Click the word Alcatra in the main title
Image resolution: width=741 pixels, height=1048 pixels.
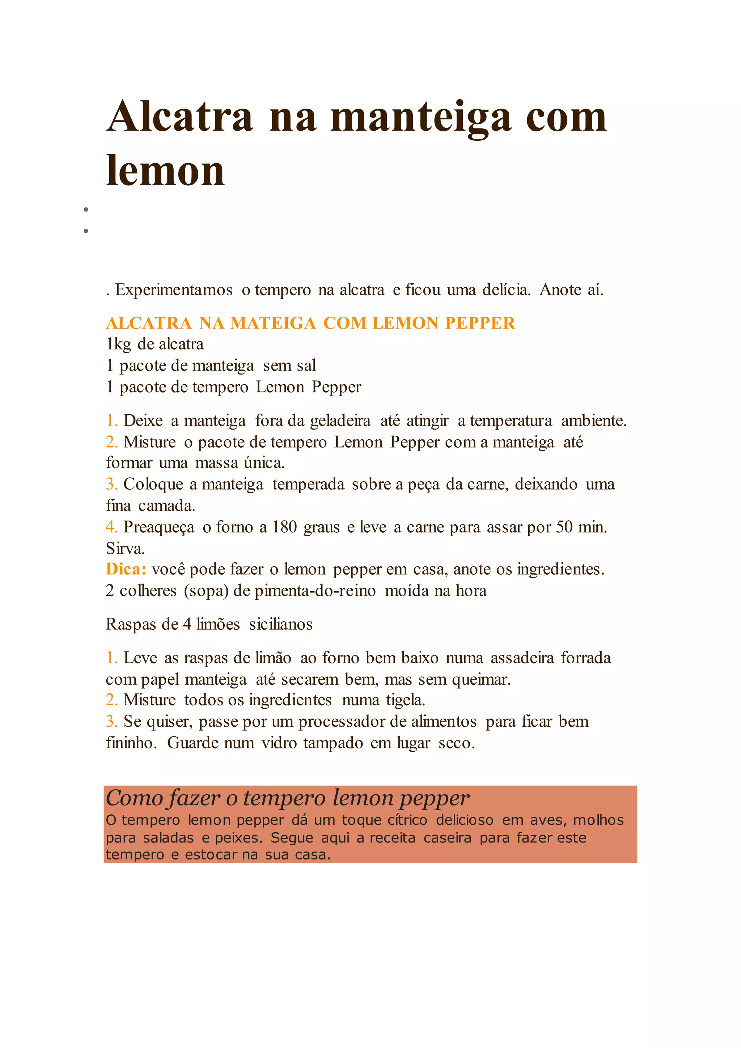180,117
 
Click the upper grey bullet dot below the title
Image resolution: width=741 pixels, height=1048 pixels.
86,210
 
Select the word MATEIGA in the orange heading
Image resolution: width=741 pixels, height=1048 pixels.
273,323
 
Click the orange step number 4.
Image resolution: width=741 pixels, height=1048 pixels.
111,527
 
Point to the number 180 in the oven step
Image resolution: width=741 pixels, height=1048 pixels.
285,527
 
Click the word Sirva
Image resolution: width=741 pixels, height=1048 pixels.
125,548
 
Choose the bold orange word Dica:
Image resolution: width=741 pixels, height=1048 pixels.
126,569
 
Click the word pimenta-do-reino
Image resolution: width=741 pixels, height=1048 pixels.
315,591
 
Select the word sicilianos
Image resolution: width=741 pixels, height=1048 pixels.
281,624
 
